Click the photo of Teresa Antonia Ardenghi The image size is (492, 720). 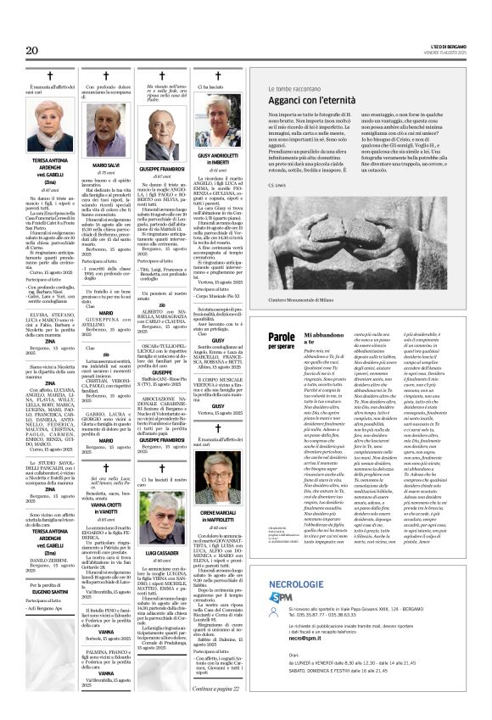pyautogui.click(x=51, y=127)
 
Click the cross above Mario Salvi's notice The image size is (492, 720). pyautogui.click(x=106, y=75)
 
